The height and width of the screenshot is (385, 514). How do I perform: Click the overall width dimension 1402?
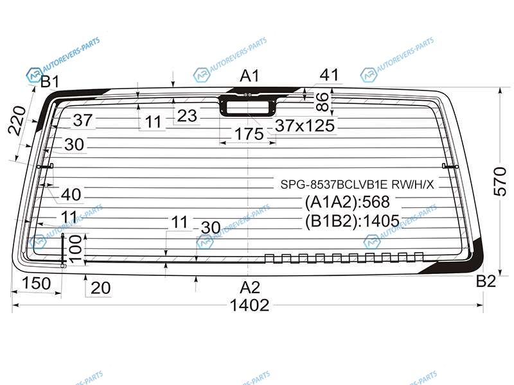pos(249,305)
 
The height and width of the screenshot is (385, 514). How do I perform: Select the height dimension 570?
pos(500,181)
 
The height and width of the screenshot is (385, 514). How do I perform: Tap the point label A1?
pos(249,76)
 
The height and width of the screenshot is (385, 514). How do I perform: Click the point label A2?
pos(250,287)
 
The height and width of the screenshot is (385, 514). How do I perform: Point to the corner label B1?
pos(50,81)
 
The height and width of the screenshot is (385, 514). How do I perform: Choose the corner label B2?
pos(486,281)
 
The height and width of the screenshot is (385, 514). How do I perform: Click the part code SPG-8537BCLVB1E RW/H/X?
pos(357,185)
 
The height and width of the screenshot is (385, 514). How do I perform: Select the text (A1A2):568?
pos(347,201)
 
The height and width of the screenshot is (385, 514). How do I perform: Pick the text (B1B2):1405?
pos(352,221)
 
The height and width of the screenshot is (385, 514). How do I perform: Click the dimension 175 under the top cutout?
pos(249,134)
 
